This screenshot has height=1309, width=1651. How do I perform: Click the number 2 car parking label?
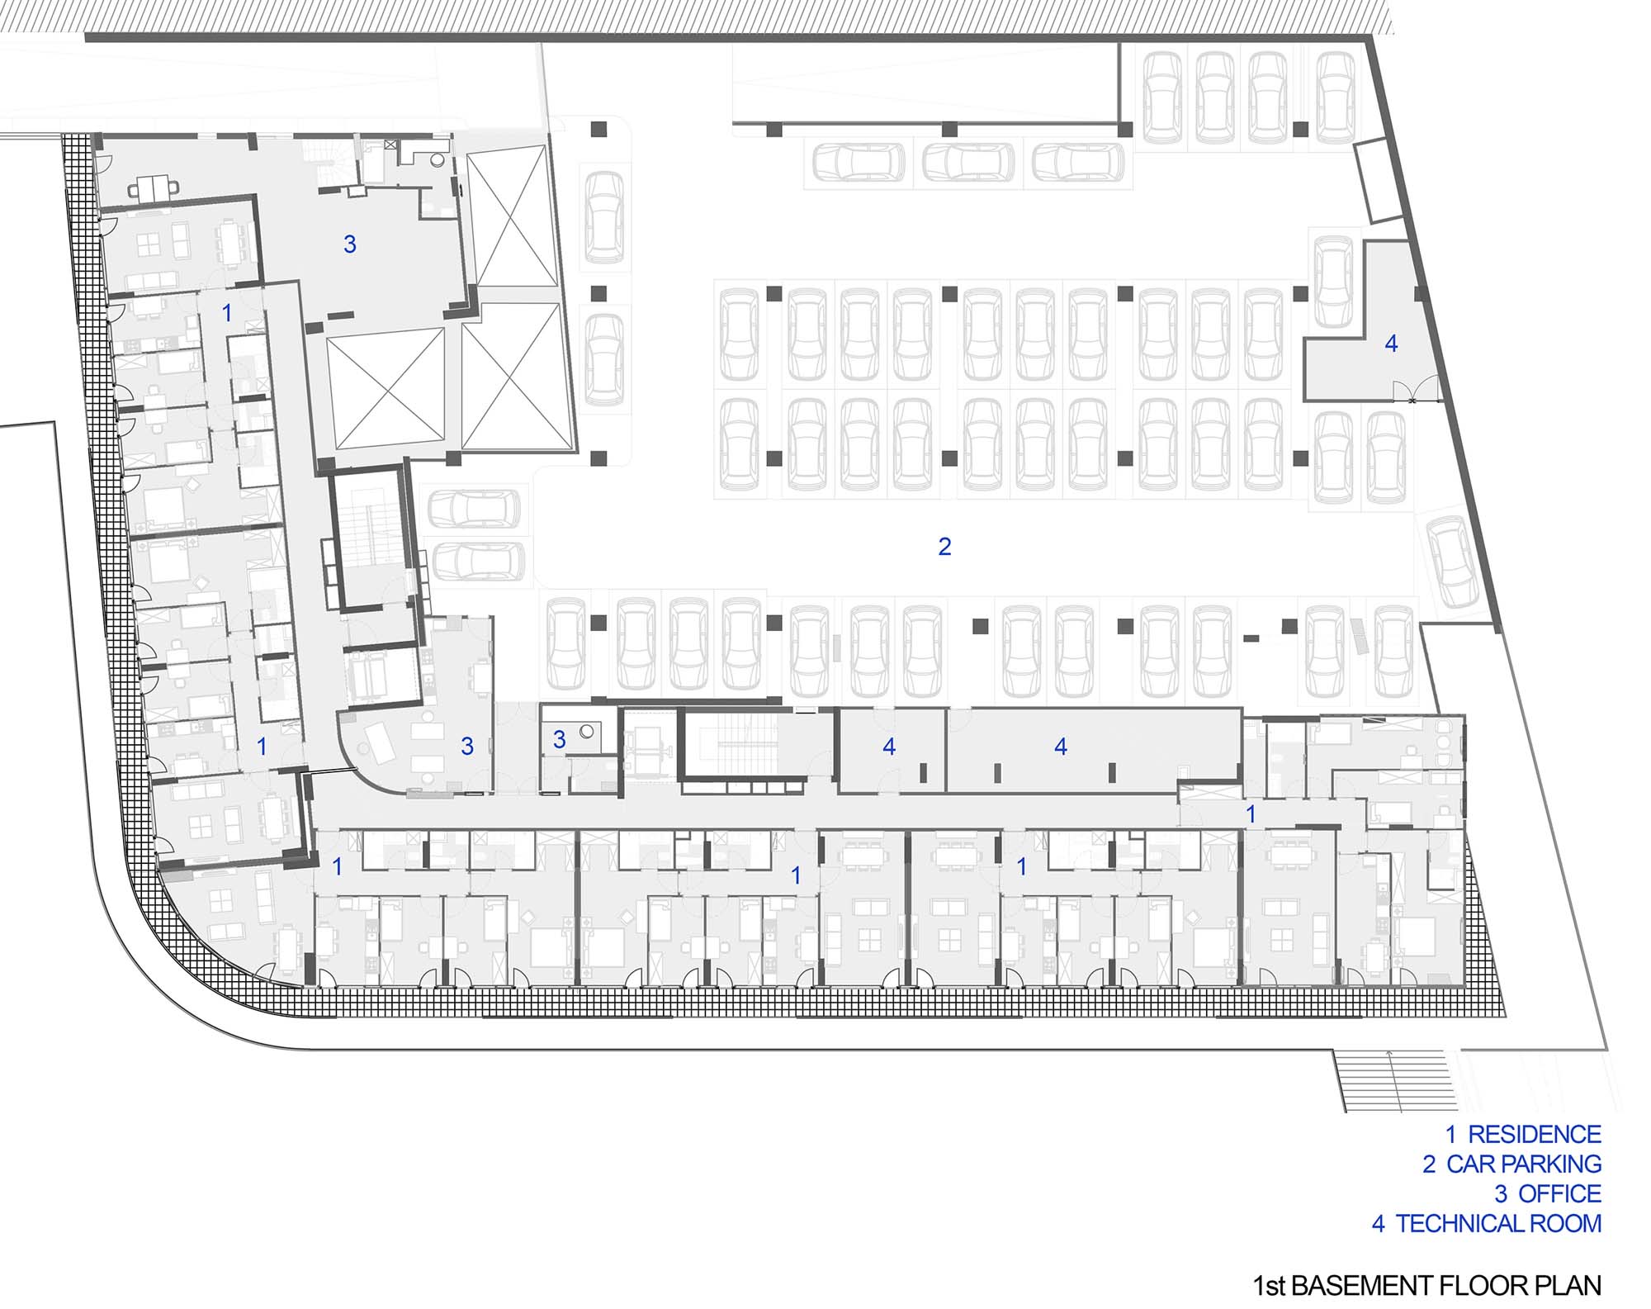point(944,546)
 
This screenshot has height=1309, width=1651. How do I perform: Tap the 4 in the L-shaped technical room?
point(1391,344)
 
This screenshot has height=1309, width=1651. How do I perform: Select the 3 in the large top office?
point(349,244)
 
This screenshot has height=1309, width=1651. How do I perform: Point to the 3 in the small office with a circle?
point(559,739)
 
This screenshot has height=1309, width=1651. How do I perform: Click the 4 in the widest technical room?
point(1061,747)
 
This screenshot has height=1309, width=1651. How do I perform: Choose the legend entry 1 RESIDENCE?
point(1523,1134)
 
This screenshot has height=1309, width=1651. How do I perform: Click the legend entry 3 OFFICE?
point(1548,1193)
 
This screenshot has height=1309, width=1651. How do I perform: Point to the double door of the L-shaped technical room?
point(1413,388)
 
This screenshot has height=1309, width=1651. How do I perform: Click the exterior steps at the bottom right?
point(1392,1079)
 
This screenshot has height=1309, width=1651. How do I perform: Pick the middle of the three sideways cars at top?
point(968,162)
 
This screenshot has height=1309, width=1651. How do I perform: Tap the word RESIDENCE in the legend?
point(1535,1134)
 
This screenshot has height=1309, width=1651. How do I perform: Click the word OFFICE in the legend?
point(1560,1193)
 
